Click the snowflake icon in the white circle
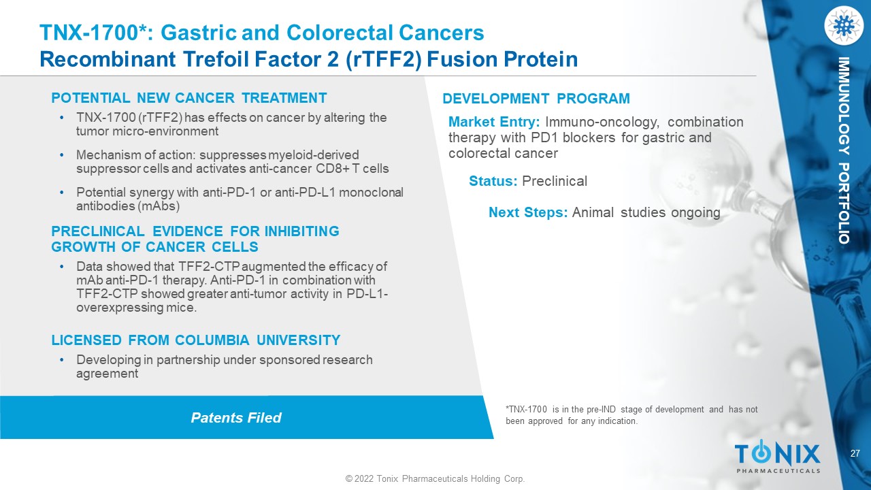(x=843, y=25)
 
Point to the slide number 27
(x=855, y=453)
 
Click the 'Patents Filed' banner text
(x=236, y=418)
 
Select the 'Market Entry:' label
(x=494, y=122)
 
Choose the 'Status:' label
(x=493, y=181)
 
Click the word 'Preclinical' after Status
(x=555, y=181)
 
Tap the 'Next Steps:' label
(x=528, y=212)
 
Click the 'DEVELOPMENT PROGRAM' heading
(x=536, y=99)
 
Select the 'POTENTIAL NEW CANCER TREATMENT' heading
(x=189, y=97)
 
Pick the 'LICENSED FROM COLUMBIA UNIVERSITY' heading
(x=196, y=340)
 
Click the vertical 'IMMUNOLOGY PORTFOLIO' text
(x=843, y=150)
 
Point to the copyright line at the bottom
(x=435, y=478)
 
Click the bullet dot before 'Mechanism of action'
(x=61, y=154)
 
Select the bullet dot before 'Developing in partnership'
(x=61, y=360)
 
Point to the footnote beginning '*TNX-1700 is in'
(x=631, y=415)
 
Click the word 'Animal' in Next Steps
(x=593, y=212)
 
